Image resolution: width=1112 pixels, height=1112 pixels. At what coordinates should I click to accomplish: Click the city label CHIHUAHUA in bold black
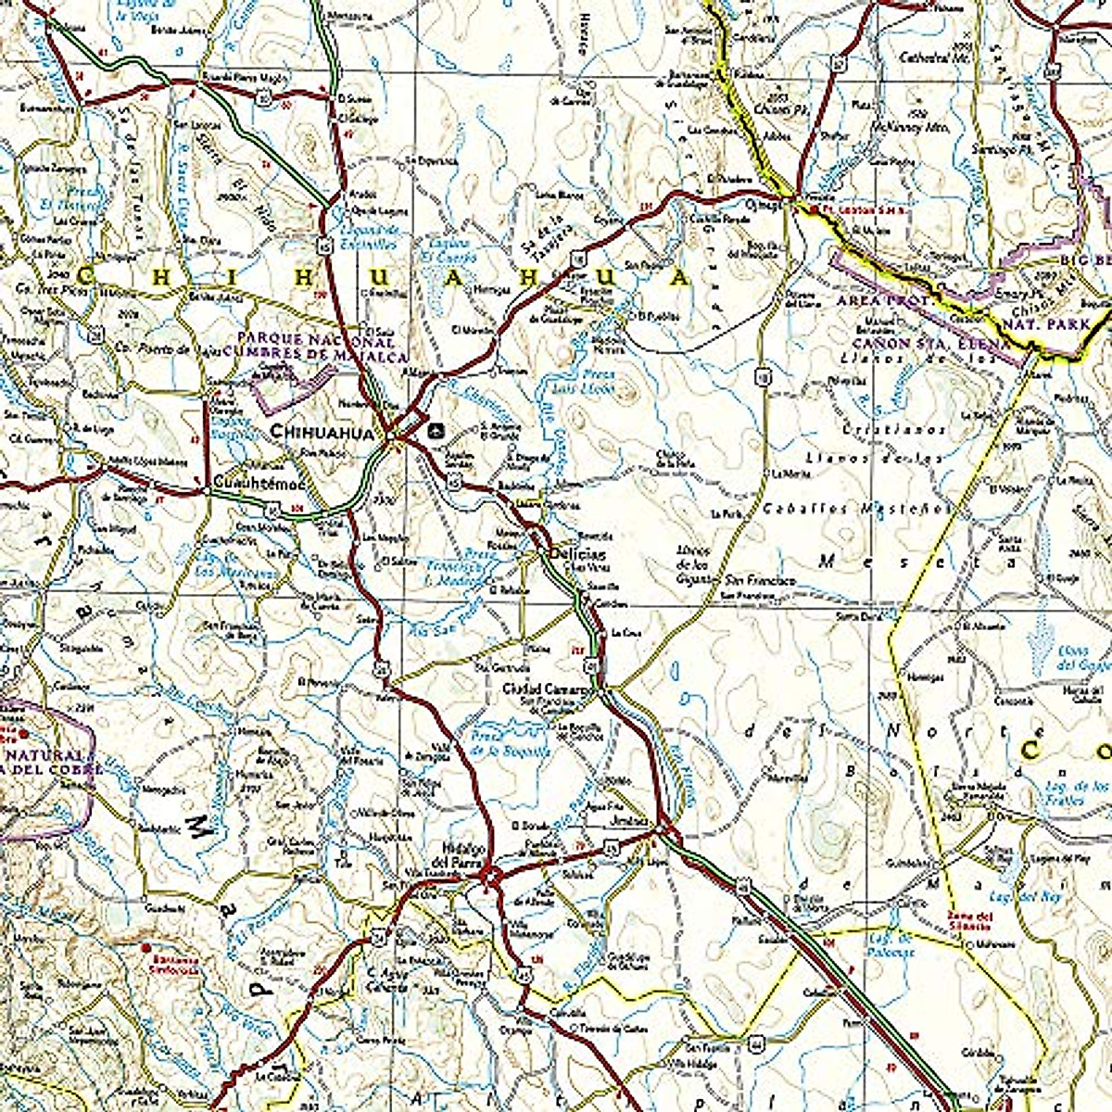click(x=321, y=431)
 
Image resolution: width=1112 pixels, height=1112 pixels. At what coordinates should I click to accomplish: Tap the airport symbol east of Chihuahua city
click(x=436, y=430)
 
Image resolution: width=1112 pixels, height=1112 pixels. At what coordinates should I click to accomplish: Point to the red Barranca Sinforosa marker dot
click(x=145, y=948)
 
